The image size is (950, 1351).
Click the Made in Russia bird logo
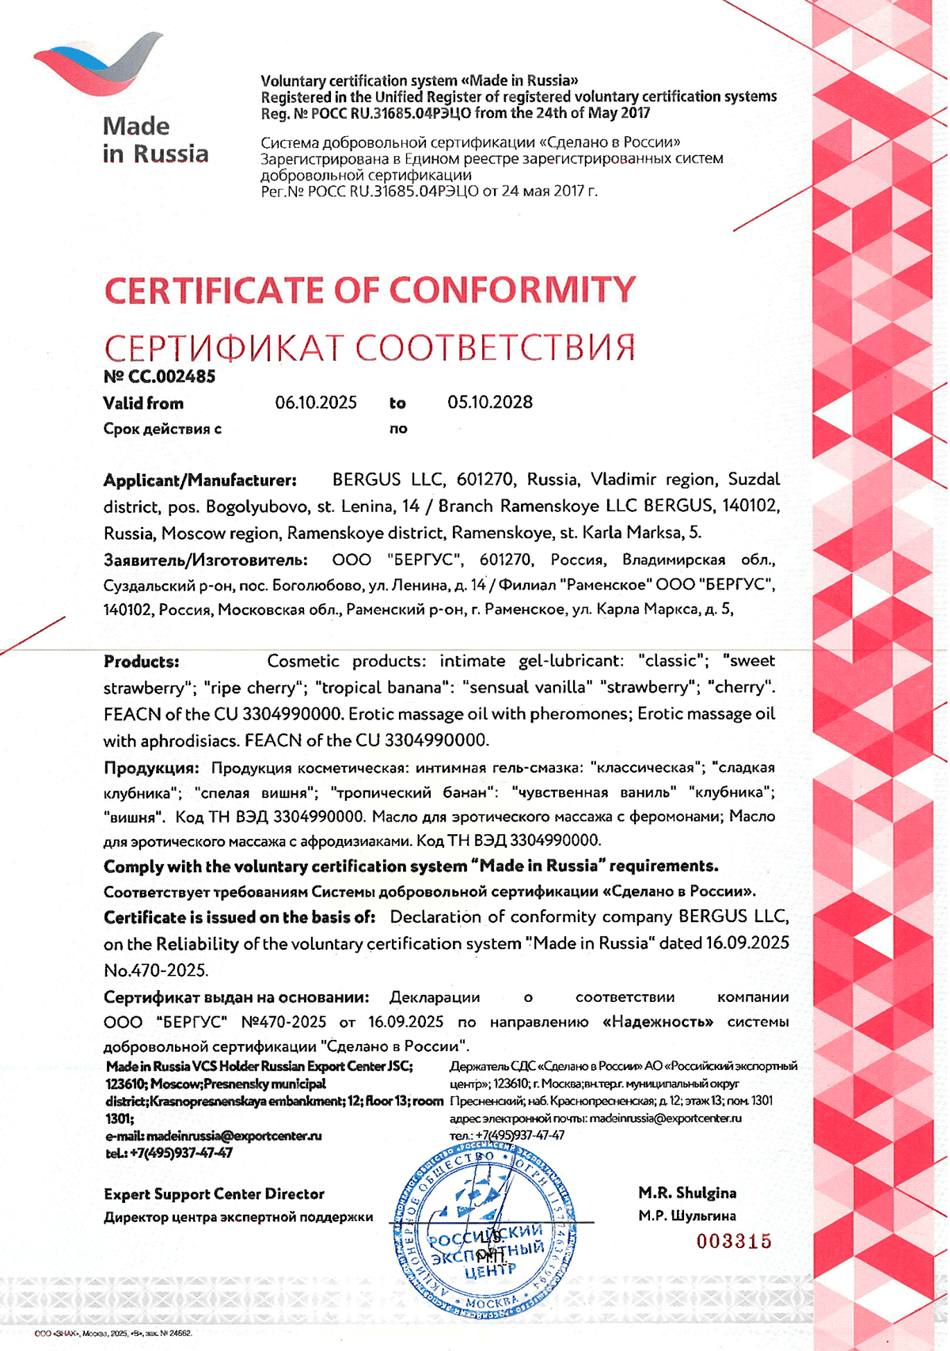coord(98,67)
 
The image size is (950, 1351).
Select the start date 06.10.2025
coord(316,402)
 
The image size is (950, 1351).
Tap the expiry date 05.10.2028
coord(490,402)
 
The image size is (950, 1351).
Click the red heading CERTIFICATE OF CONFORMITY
coord(370,290)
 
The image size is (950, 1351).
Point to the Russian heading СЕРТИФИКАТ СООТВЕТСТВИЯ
coord(370,347)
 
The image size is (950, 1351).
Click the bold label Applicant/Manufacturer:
coord(200,480)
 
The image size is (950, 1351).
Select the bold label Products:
coord(142,662)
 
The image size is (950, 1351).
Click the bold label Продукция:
coord(151,768)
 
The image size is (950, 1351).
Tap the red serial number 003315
coord(734,1241)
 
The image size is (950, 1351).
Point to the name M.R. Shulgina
coord(687,1193)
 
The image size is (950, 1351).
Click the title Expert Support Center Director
coord(214,1194)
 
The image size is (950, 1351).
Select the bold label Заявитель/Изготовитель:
coord(206,560)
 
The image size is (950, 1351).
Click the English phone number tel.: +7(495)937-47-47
coord(169,1153)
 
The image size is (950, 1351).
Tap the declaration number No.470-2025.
coord(155,970)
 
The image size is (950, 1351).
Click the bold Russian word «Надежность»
coord(658,1022)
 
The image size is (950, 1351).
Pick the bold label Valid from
coord(143,404)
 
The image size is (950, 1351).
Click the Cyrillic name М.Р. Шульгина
coord(687,1216)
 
